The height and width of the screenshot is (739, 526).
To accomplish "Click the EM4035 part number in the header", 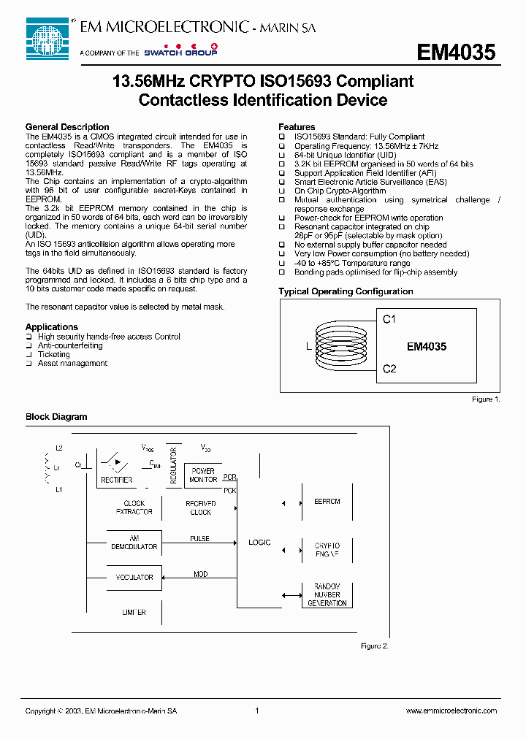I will click(456, 53).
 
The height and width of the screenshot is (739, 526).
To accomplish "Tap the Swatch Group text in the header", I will click(180, 53).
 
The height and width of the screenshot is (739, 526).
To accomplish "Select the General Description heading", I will click(67, 127).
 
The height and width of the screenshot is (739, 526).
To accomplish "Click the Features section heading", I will click(297, 127).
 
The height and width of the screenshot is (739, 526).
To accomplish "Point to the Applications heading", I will click(52, 327).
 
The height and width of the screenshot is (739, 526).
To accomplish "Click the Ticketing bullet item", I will click(54, 354).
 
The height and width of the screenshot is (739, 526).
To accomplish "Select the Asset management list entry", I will click(72, 363).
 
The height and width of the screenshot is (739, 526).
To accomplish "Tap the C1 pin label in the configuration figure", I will click(389, 319).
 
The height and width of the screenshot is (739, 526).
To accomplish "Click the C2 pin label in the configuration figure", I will click(389, 369).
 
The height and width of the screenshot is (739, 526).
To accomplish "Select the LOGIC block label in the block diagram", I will click(259, 543).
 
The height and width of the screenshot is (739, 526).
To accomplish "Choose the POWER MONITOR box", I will click(203, 475).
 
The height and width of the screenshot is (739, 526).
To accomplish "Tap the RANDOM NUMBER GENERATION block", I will click(327, 595).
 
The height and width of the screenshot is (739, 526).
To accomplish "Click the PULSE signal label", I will click(199, 539).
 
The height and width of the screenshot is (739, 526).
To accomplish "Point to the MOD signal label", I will click(200, 575).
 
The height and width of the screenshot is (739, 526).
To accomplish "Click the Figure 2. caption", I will click(375, 646).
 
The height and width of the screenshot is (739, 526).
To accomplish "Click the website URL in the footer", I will click(451, 711).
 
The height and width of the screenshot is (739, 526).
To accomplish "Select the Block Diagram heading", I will click(56, 417).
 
